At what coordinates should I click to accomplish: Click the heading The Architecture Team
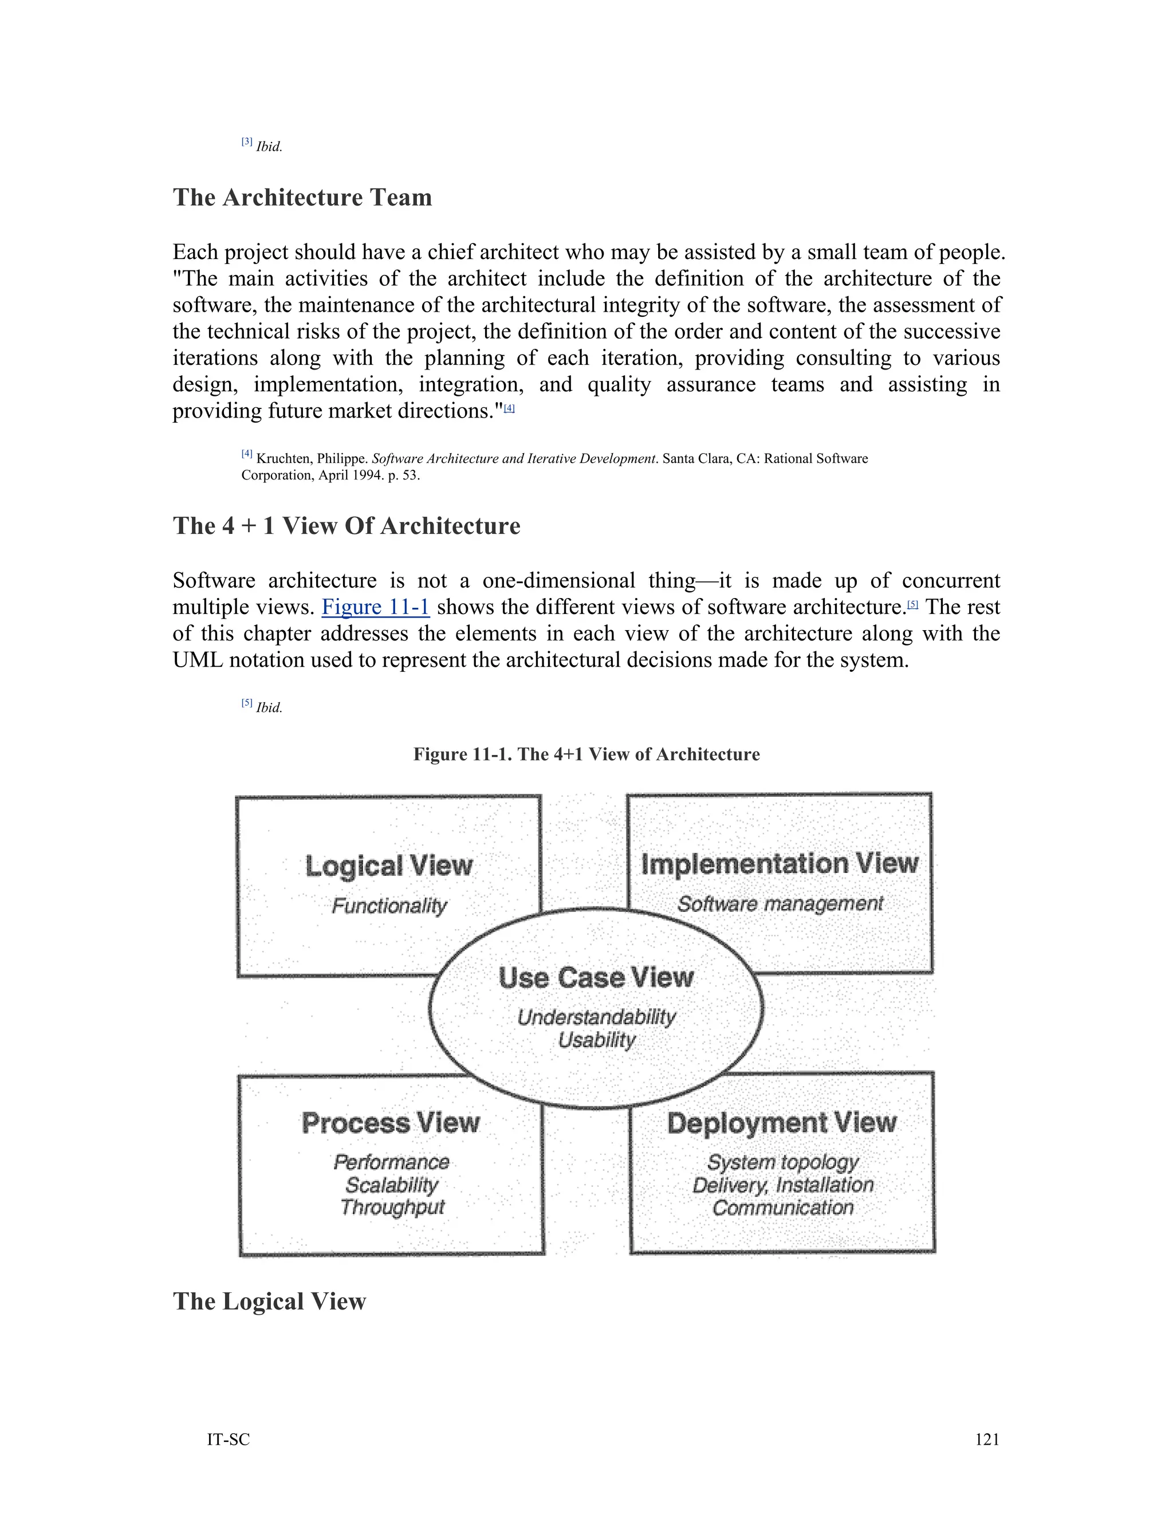[302, 198]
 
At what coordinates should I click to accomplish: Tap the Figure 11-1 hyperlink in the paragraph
[375, 607]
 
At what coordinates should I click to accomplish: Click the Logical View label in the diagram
[388, 866]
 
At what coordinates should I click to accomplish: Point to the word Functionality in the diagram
[389, 906]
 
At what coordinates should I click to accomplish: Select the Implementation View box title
[779, 864]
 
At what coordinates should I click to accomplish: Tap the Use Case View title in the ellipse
[596, 978]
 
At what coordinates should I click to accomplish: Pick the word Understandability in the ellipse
[596, 1017]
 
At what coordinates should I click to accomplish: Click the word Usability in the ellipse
[596, 1040]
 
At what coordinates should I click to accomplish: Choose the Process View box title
[391, 1123]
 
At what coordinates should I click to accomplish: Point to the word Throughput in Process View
[392, 1208]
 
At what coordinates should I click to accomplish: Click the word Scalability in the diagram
[392, 1185]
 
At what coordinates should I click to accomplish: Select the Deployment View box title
[782, 1123]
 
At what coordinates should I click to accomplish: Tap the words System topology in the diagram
[782, 1162]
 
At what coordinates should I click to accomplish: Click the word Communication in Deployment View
[782, 1208]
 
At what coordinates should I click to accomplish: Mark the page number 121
[987, 1440]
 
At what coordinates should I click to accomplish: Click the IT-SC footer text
[228, 1440]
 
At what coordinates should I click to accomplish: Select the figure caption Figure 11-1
[586, 754]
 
